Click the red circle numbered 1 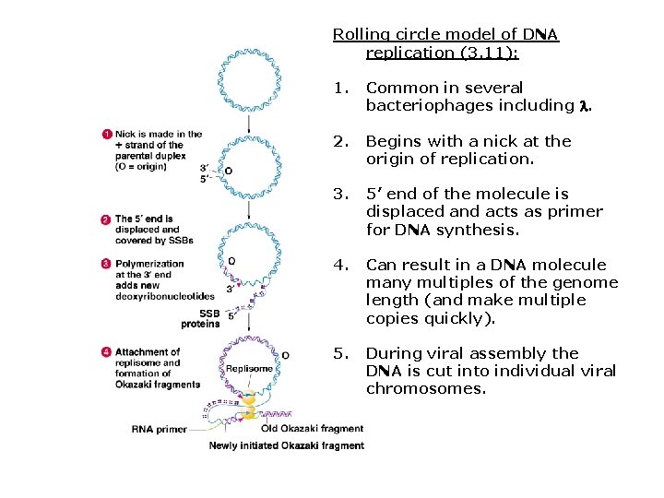click(x=106, y=135)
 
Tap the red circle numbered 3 click(x=106, y=264)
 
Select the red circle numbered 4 click(x=106, y=352)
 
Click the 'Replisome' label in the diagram click(x=249, y=369)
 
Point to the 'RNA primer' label click(x=160, y=429)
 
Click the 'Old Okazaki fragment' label click(x=313, y=428)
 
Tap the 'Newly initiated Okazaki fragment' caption click(x=287, y=445)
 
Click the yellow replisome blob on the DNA click(x=248, y=404)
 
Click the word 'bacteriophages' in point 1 click(x=422, y=105)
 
